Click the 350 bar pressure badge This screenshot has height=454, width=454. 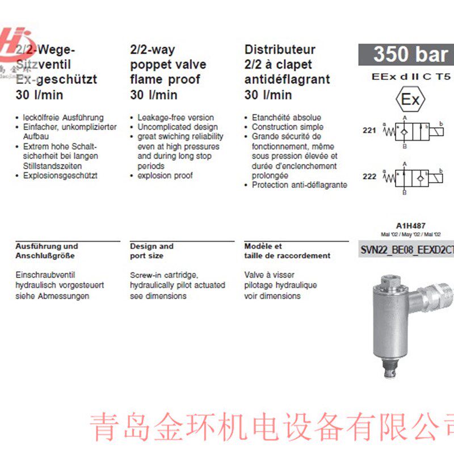[x=406, y=54]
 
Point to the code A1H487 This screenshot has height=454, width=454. [x=407, y=225]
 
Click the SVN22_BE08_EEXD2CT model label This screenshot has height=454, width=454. [x=407, y=249]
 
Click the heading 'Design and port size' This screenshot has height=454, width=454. [x=152, y=251]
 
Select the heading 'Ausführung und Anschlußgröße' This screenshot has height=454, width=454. [x=46, y=251]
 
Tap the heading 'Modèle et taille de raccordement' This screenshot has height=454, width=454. [x=287, y=251]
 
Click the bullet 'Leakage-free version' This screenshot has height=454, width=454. [x=175, y=117]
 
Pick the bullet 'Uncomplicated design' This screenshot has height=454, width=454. [x=177, y=127]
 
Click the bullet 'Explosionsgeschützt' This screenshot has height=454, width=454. [x=60, y=175]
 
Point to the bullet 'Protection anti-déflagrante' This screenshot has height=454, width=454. [x=299, y=184]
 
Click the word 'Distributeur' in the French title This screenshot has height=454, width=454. [x=280, y=50]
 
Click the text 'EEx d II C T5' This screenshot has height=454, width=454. [x=409, y=75]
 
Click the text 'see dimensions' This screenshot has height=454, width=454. [x=158, y=296]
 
